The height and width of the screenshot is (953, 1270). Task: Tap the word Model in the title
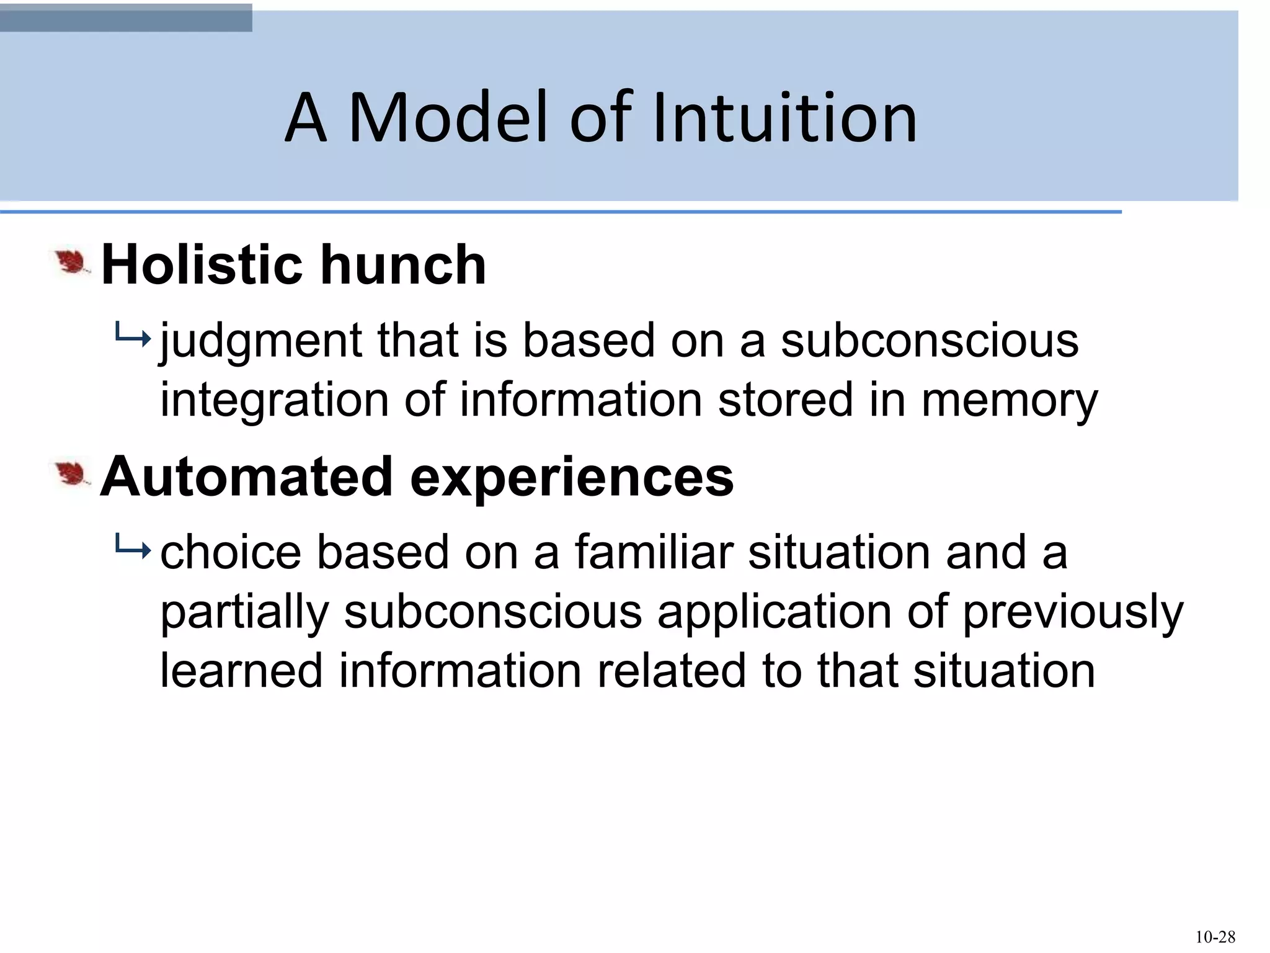click(448, 118)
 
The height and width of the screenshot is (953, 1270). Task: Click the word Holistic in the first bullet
click(201, 265)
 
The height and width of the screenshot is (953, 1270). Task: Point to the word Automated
click(246, 476)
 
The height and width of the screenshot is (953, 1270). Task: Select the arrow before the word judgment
click(133, 339)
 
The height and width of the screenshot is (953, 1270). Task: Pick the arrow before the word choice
click(133, 549)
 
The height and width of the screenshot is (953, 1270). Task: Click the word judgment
click(260, 342)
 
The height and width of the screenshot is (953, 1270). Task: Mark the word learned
click(241, 671)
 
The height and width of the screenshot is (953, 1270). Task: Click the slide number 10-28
click(1215, 937)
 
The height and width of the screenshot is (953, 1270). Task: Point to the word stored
click(785, 400)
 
